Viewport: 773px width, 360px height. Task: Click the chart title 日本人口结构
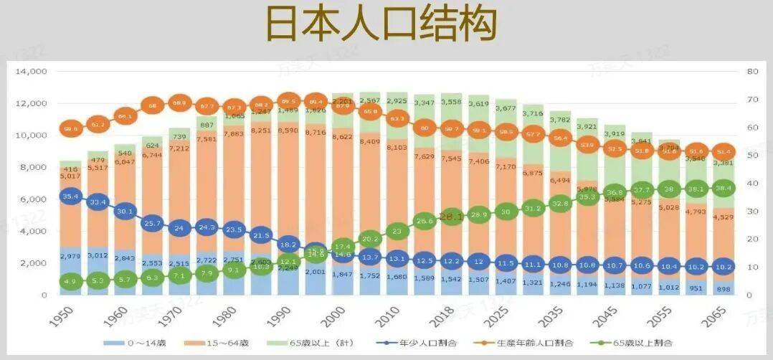381,25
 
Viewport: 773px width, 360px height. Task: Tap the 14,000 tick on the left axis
31,72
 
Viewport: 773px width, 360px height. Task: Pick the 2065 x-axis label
716,316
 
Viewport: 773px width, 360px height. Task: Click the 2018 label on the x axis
427,316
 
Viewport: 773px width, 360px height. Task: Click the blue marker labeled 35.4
70,196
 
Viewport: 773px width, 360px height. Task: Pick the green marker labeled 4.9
70,281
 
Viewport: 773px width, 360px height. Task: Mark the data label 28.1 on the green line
452,217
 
